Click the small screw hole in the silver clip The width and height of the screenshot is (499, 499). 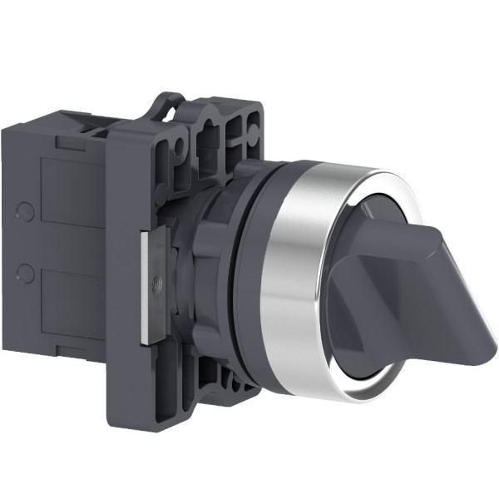tap(156, 292)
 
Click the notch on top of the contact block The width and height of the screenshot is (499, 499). tap(92, 128)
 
